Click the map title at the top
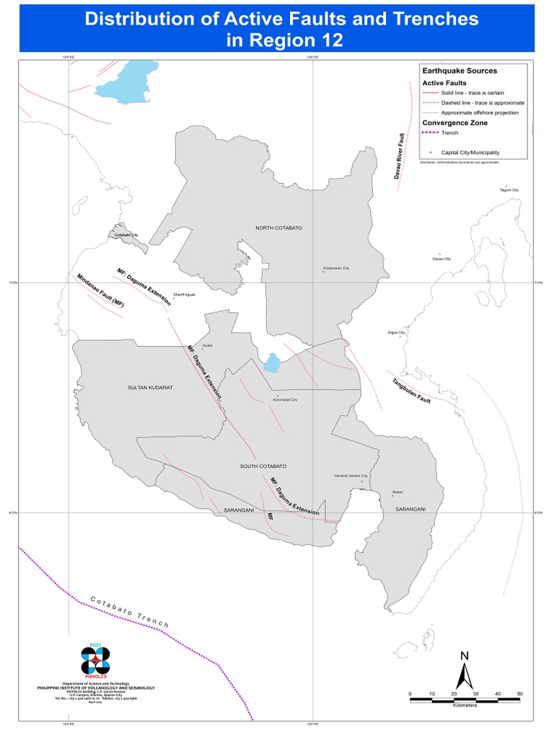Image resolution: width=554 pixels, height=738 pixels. tap(281, 30)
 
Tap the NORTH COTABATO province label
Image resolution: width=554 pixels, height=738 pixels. tap(278, 228)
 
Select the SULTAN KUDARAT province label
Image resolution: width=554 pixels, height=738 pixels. tap(150, 387)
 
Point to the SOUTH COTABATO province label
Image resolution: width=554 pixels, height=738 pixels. tap(263, 466)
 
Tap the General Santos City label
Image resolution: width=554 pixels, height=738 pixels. tap(351, 476)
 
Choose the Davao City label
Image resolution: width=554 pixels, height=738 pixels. tap(441, 259)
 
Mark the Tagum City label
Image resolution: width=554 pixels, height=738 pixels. tap(509, 190)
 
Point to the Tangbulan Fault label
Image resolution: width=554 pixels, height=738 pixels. tap(411, 390)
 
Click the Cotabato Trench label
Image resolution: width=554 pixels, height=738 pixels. tap(130, 612)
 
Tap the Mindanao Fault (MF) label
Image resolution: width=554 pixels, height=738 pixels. tap(100, 291)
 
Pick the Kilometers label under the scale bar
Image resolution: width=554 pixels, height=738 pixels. tap(465, 705)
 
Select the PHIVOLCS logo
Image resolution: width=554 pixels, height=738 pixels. tap(95, 662)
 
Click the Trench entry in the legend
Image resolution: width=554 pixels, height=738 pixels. tap(449, 133)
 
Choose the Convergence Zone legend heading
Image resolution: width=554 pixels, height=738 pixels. tap(454, 123)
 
